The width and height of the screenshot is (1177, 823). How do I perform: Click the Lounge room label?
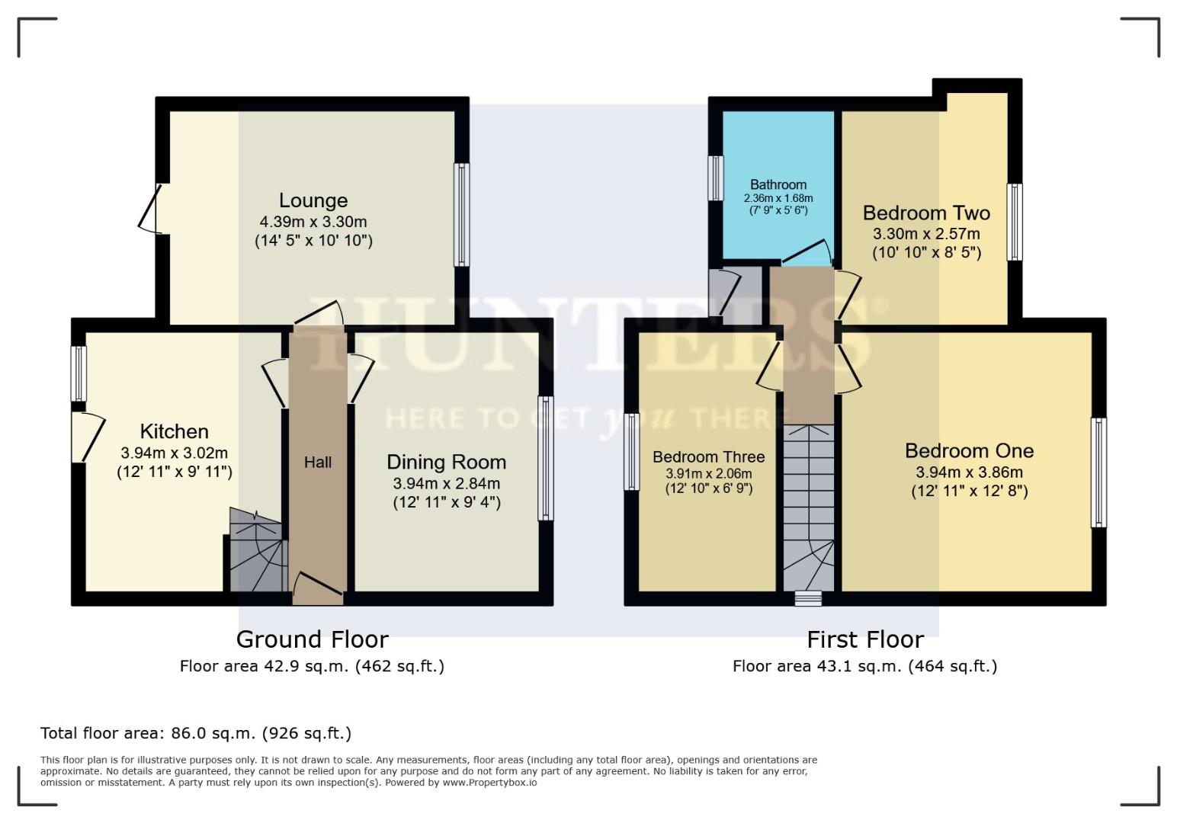coord(313,200)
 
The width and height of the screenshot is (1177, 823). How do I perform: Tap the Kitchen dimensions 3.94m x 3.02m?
coord(174,452)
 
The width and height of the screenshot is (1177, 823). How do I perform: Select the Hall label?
coord(318,462)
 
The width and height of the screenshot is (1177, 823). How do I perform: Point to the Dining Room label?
coord(446,462)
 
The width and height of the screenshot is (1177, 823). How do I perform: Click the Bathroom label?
coord(778,184)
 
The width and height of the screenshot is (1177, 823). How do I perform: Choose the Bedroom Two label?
coord(926,213)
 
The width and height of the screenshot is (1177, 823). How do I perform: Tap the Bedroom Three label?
coord(708,456)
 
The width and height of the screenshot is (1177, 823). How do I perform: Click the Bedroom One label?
coord(969,450)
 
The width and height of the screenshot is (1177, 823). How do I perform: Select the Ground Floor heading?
coord(312,639)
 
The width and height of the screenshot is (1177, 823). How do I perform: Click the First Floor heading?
coord(865,639)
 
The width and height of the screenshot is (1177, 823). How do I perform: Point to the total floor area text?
coord(196,733)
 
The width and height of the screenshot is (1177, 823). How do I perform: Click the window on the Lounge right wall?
coord(461,215)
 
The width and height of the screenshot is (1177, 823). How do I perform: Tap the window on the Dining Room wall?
coord(545,458)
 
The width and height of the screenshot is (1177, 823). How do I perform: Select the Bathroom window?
coord(715,178)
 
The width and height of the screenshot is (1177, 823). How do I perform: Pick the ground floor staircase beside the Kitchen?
coord(257,552)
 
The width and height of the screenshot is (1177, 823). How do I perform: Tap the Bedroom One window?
coord(1098,472)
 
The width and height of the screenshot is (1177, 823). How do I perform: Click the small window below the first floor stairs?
coord(808,599)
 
